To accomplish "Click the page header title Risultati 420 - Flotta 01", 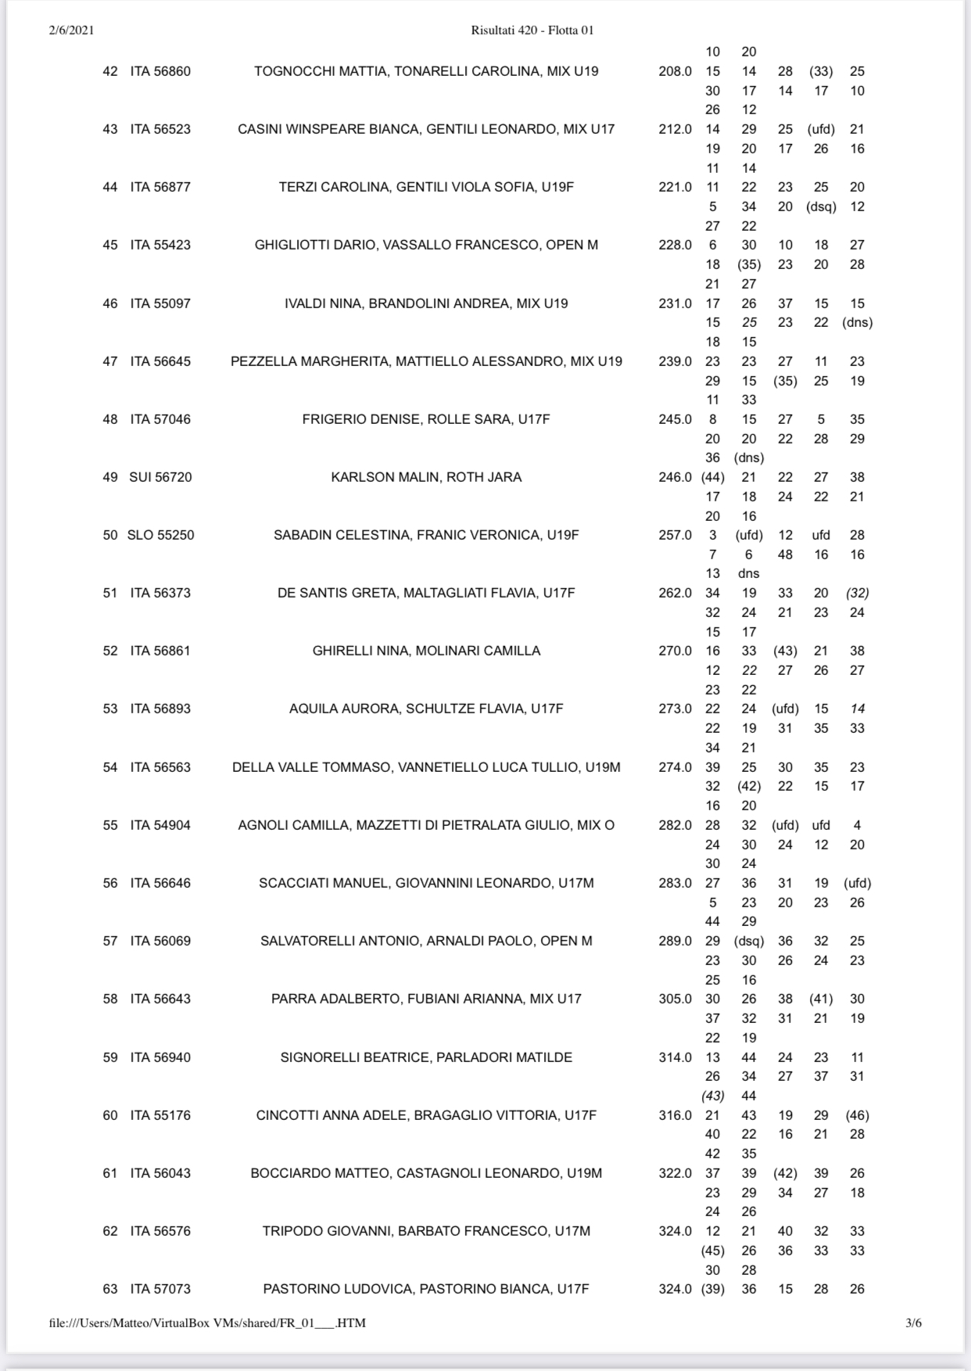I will [532, 31].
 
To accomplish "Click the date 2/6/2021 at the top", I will [71, 31].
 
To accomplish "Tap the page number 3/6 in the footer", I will [913, 1323].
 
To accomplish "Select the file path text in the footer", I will [207, 1323].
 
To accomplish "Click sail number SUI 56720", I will [160, 477].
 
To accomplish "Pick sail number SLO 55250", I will [160, 535].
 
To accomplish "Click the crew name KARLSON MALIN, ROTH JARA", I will [426, 477].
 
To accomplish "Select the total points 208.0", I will [675, 71].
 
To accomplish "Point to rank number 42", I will [110, 71].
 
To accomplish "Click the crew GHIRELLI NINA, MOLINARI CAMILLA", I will [426, 651].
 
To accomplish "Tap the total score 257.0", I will [675, 535].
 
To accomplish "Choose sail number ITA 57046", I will [160, 419].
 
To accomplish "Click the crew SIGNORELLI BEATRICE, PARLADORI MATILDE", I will [426, 1057].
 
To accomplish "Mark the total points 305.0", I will [675, 999].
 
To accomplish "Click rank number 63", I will [110, 1289].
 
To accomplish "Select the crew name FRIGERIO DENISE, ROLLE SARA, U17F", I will [426, 419].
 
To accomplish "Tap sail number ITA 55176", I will [160, 1115].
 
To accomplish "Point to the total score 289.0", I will [675, 941].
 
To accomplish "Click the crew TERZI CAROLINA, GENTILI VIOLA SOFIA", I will [426, 187].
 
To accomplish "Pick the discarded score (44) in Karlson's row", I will [713, 477].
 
